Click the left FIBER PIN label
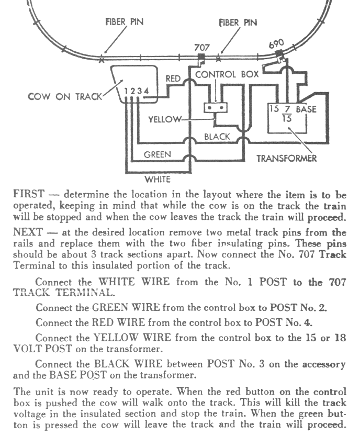click(124, 23)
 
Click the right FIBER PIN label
click(239, 23)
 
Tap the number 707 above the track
click(202, 47)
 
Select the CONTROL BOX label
click(227, 74)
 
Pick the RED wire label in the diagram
click(173, 79)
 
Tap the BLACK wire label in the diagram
click(217, 137)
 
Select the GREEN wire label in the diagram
click(157, 155)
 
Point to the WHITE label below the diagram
click(157, 180)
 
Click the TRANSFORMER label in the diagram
click(287, 158)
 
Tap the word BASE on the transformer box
click(306, 110)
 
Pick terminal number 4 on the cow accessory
click(147, 91)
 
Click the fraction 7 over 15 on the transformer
click(287, 114)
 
